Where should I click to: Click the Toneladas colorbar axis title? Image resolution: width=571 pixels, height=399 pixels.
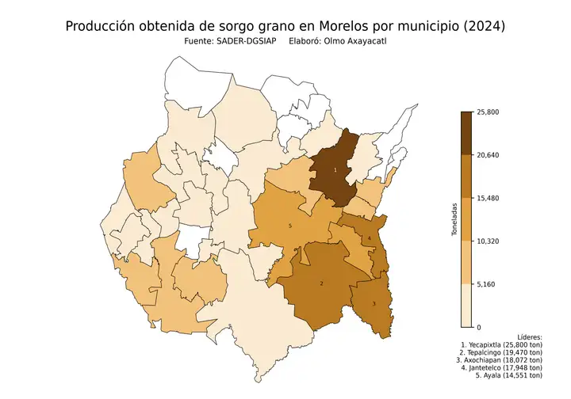click(x=454, y=219)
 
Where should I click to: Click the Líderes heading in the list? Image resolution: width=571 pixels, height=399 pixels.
click(x=528, y=336)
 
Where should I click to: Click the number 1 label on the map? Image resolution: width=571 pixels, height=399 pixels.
click(x=335, y=170)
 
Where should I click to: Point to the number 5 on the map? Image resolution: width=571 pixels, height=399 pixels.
click(x=291, y=226)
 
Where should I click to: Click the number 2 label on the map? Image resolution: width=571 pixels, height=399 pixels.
click(x=321, y=283)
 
